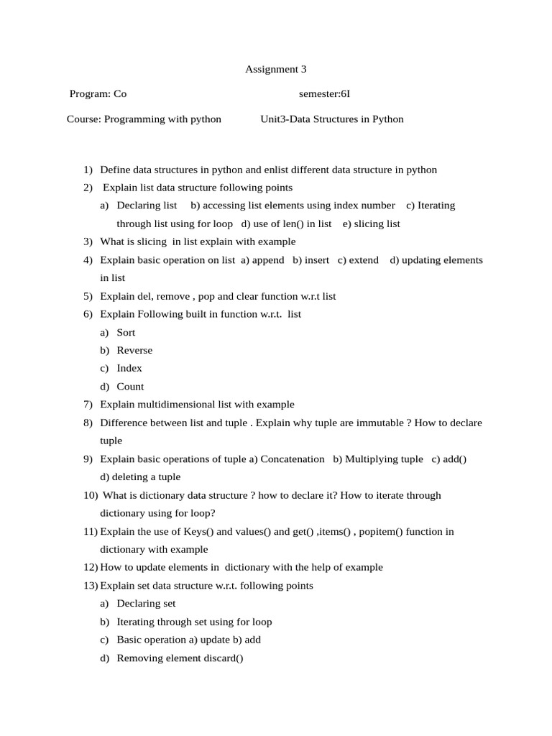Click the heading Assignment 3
point(276,70)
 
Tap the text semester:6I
point(324,94)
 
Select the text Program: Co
point(98,94)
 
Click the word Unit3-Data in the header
point(284,119)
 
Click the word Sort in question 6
point(126,333)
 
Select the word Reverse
point(134,351)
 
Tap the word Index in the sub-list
point(129,369)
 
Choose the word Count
point(130,387)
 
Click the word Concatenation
point(292,459)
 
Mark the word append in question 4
point(267,260)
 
